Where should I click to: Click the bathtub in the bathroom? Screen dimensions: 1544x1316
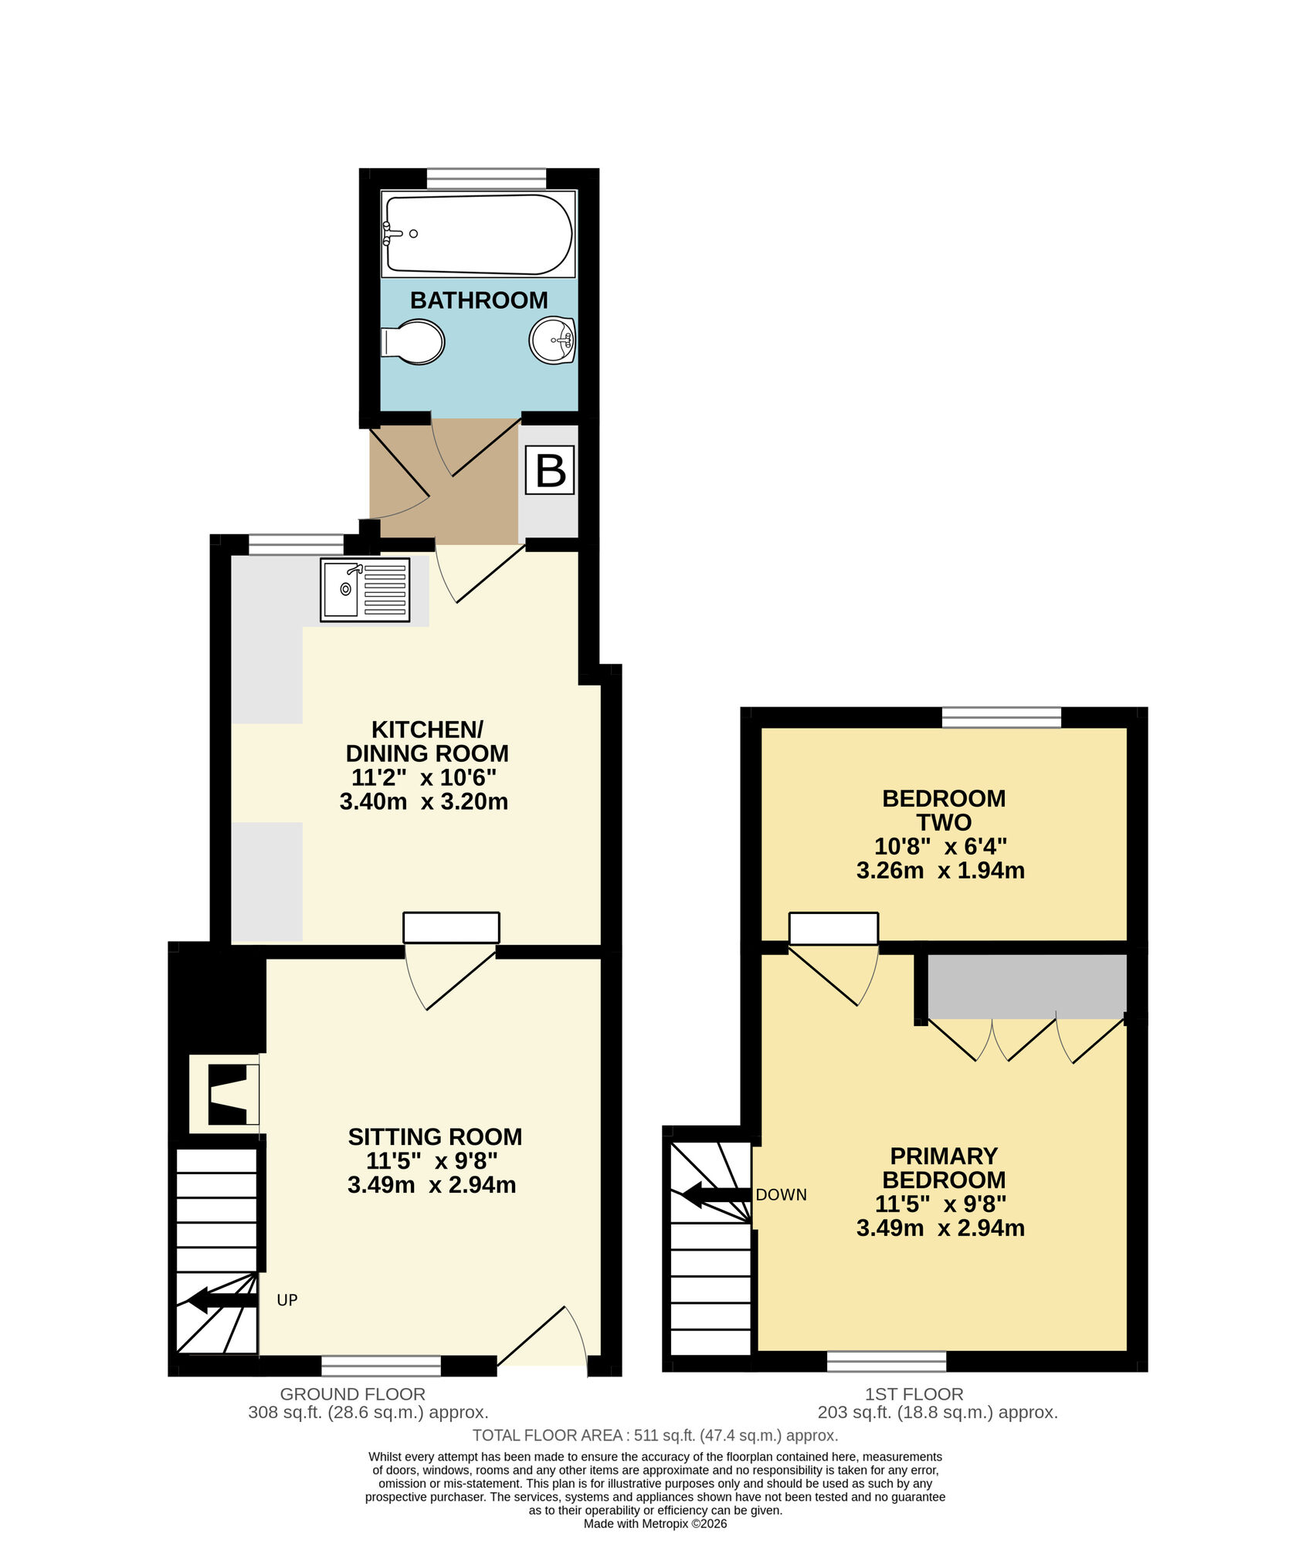(x=478, y=234)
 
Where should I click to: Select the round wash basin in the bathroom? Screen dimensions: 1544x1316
(x=552, y=340)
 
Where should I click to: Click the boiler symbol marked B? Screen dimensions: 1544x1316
(x=550, y=470)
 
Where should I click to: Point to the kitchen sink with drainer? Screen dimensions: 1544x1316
(x=365, y=590)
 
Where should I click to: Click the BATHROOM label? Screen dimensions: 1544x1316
(x=479, y=300)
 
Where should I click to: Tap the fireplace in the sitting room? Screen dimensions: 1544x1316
(x=226, y=1095)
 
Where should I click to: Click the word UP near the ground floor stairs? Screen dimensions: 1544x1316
(x=287, y=1300)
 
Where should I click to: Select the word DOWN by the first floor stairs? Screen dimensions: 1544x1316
(x=781, y=1195)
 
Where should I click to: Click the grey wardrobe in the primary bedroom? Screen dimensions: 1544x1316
(x=1026, y=987)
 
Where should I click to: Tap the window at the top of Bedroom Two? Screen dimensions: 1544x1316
(x=1001, y=718)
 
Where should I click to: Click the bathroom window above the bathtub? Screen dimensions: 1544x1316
(x=486, y=179)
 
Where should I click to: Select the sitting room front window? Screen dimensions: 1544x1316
(x=381, y=1366)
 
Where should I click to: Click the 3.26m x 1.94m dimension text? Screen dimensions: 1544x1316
(x=940, y=871)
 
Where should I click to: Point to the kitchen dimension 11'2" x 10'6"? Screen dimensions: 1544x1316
(x=427, y=777)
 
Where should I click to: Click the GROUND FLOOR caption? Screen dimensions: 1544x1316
(x=352, y=1394)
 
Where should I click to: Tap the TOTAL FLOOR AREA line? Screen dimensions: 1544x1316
(x=655, y=1435)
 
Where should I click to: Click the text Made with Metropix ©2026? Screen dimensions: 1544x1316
(x=655, y=1524)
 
